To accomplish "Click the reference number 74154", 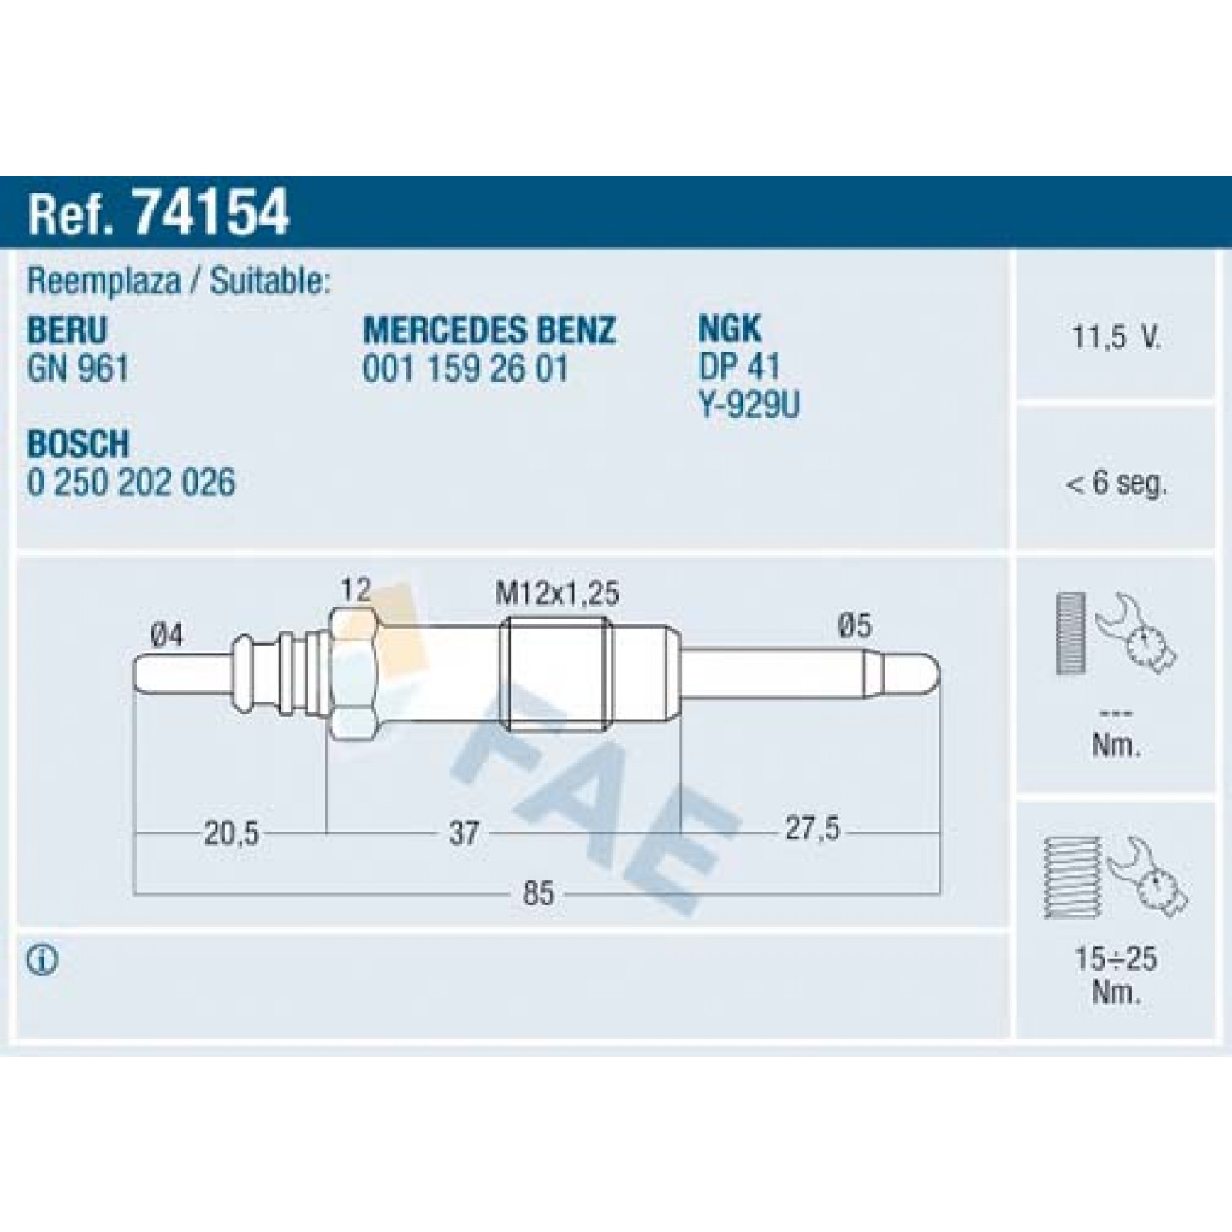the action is pos(211,211).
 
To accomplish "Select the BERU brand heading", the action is pos(67,330).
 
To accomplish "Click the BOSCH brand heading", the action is pos(78,443).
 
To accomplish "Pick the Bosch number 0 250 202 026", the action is pos(131,482).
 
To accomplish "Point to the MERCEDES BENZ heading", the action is pos(489,330).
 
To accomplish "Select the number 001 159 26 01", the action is pos(465,369).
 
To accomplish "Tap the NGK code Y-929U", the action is pos(749,405).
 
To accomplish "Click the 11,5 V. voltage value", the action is pos(1116,337).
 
